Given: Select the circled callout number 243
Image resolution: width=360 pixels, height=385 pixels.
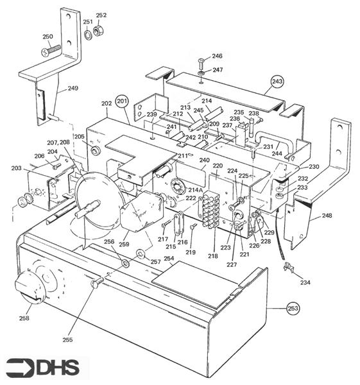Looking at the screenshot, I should [277, 81].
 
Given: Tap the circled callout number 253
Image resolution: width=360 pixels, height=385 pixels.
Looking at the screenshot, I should [293, 307].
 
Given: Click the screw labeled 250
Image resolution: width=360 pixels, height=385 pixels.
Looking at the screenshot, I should [50, 50].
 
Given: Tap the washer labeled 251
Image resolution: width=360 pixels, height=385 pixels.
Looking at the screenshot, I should [88, 33].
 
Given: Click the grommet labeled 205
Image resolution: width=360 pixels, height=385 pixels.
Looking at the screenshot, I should [95, 151].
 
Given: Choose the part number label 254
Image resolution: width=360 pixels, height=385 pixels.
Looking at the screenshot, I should [169, 259].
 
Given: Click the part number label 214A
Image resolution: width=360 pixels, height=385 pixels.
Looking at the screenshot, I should [195, 191].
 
